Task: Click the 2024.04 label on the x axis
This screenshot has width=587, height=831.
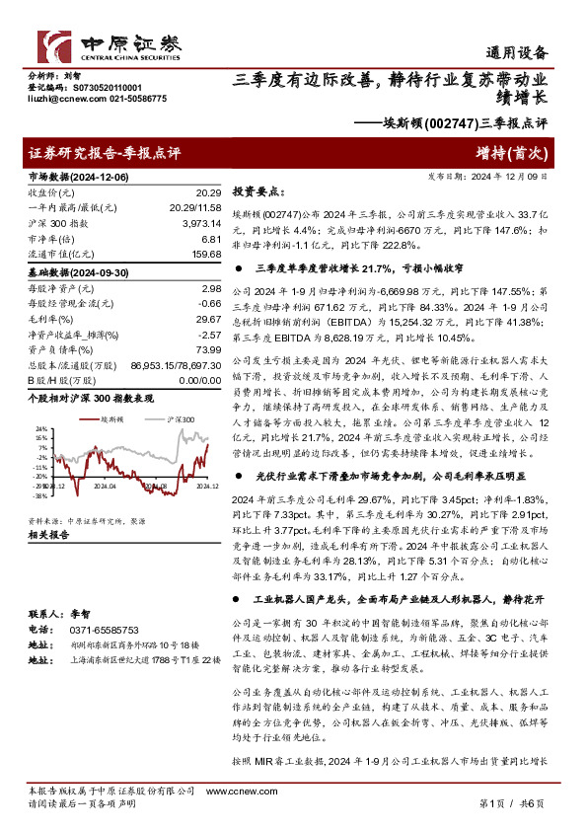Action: (x=105, y=486)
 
